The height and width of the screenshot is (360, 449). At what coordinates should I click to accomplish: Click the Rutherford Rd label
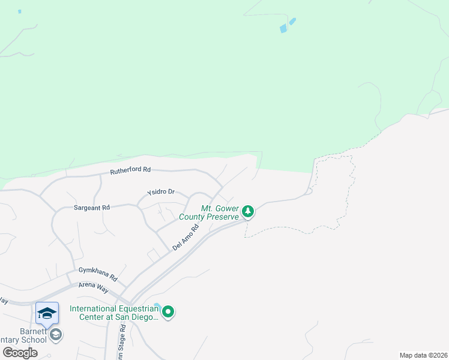[130, 170]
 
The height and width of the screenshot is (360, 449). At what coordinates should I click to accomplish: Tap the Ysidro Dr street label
[161, 193]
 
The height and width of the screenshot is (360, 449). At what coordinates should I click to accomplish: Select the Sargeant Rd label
[92, 208]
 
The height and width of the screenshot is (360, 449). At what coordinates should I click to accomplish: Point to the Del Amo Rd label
[185, 238]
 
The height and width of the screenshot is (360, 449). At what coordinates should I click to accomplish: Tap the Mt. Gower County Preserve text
[215, 212]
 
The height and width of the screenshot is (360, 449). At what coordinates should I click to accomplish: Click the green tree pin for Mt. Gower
[248, 211]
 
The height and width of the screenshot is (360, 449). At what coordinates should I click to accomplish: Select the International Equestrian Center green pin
[169, 311]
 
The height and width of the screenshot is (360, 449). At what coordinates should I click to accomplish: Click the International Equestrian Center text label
[114, 313]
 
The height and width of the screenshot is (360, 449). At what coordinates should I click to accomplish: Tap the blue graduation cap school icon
[47, 313]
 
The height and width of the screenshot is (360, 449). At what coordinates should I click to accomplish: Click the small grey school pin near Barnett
[56, 334]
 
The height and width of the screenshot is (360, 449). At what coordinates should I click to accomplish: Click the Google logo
[20, 353]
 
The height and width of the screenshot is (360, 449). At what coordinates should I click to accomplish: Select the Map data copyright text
[423, 355]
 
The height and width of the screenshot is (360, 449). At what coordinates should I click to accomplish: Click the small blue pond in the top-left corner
[20, 11]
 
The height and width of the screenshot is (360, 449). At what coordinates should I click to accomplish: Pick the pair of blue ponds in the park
[288, 25]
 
